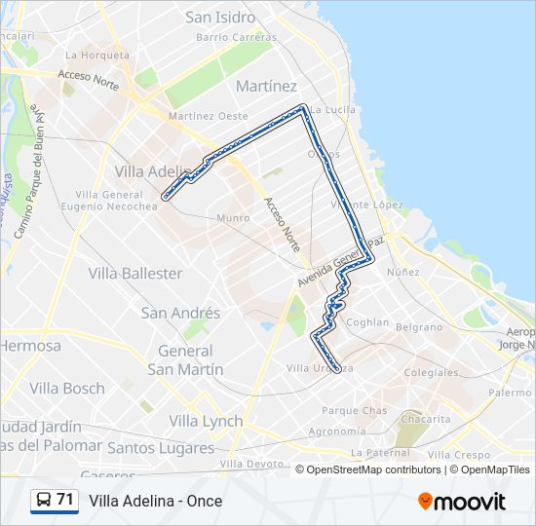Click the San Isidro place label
click(x=220, y=18)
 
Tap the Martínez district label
click(x=266, y=86)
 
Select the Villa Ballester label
click(x=135, y=273)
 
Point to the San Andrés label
click(x=181, y=314)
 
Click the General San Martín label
click(x=185, y=360)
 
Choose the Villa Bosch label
click(x=67, y=388)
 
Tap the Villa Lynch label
click(x=206, y=421)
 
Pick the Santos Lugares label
click(x=161, y=448)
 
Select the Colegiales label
click(x=431, y=372)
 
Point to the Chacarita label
click(x=426, y=419)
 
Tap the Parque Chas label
click(x=354, y=410)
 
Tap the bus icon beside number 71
click(x=44, y=501)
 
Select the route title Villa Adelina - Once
click(x=156, y=502)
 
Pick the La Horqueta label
click(x=96, y=55)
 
